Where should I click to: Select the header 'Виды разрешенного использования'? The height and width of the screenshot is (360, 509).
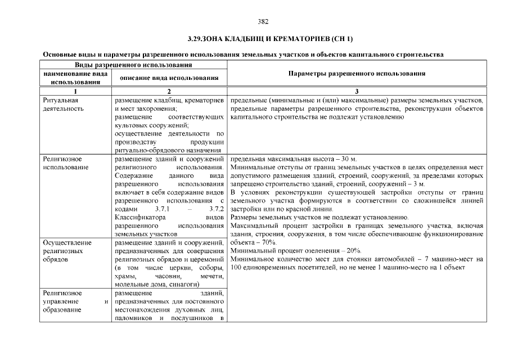pos(133,65)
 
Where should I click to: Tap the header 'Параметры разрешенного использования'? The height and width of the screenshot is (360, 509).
pos(357,74)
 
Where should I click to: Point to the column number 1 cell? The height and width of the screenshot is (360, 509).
pos(75,91)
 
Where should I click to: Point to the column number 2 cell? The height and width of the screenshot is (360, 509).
pos(169,91)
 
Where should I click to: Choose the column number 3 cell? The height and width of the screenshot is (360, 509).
pos(357,91)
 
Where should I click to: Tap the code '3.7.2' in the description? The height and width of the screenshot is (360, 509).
pos(216,209)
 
